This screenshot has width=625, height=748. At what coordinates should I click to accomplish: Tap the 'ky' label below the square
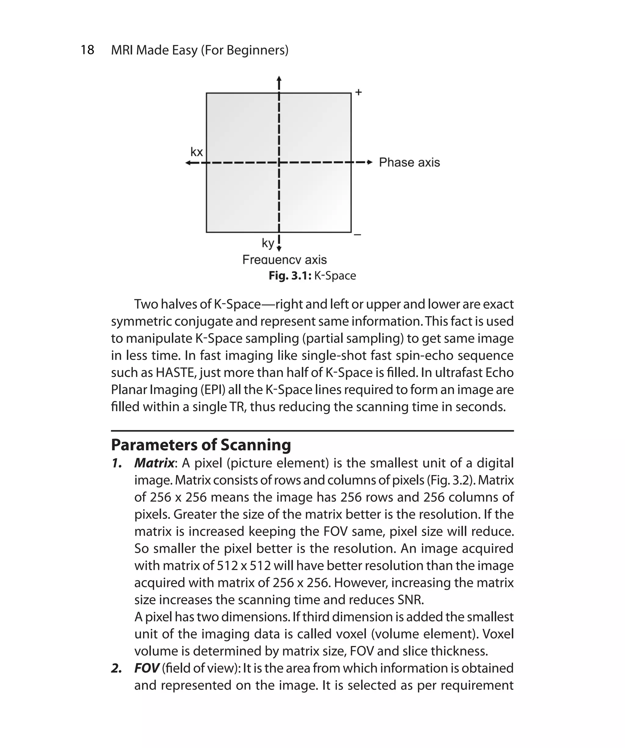pyautogui.click(x=268, y=243)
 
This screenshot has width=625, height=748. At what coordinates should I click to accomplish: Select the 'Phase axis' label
pyautogui.click(x=409, y=162)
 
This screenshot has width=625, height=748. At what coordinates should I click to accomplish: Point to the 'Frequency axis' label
pyautogui.click(x=284, y=260)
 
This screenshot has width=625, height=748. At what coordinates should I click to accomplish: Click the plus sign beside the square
pyautogui.click(x=359, y=92)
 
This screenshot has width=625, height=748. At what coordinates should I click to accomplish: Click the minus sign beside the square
pyautogui.click(x=358, y=235)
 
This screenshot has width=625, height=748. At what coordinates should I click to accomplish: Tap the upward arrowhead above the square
pyautogui.click(x=279, y=79)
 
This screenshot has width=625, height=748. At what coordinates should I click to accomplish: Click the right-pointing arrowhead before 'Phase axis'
pyautogui.click(x=370, y=162)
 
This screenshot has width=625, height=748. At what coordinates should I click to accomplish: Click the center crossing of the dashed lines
pyautogui.click(x=279, y=163)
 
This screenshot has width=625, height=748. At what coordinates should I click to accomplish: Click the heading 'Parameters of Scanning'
pyautogui.click(x=201, y=445)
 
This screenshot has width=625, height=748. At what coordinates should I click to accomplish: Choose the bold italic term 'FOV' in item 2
pyautogui.click(x=146, y=668)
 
